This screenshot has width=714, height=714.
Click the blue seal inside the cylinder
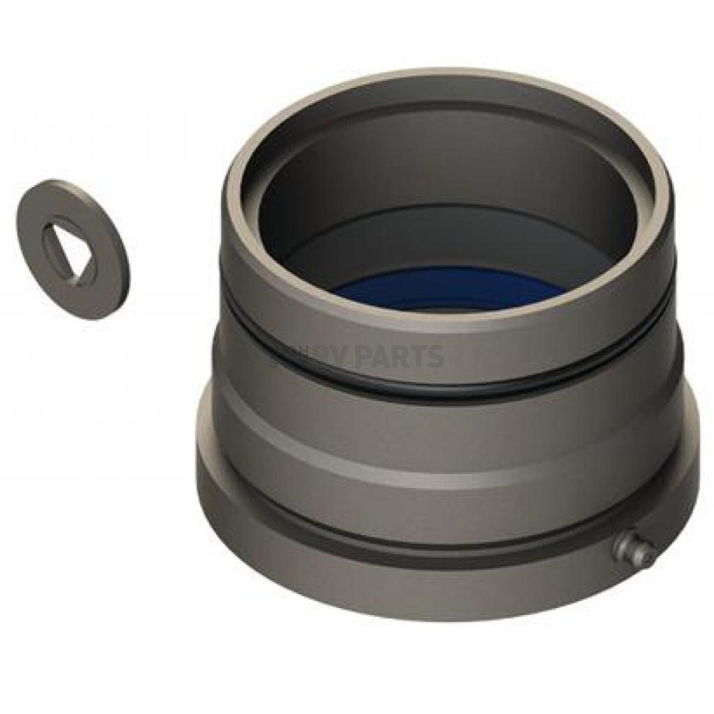pyautogui.click(x=446, y=289)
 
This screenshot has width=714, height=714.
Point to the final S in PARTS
pyautogui.click(x=434, y=357)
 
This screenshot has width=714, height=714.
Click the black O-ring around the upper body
pyautogui.click(x=446, y=387)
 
